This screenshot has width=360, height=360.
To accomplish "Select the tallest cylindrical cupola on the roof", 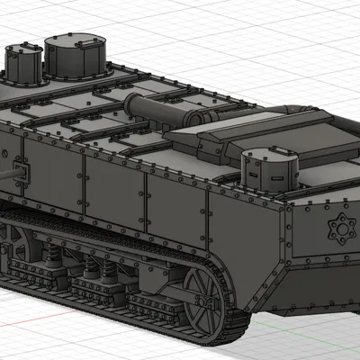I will tap(76, 58).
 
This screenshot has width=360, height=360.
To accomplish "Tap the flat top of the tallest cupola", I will tap(76, 41).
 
